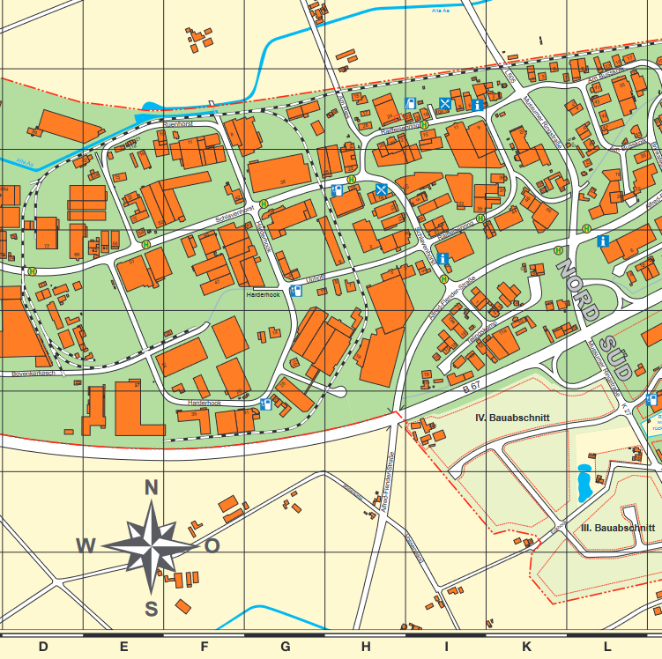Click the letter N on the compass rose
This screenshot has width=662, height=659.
151,488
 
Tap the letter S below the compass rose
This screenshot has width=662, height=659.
151,608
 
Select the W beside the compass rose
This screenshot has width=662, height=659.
86,545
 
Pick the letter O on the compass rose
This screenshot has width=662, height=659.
212,545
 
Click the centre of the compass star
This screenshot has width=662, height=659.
152,545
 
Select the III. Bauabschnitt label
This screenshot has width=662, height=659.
618,528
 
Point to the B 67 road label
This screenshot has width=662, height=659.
472,387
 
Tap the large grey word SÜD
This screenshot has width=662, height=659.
614,356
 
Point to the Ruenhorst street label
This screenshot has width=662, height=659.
177,125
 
